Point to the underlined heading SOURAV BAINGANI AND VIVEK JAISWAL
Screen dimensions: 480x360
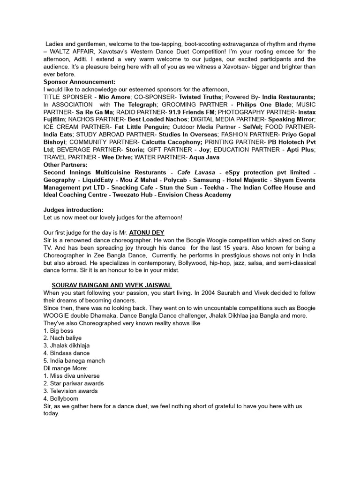(112, 285)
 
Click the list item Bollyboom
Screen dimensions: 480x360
(65, 398)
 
